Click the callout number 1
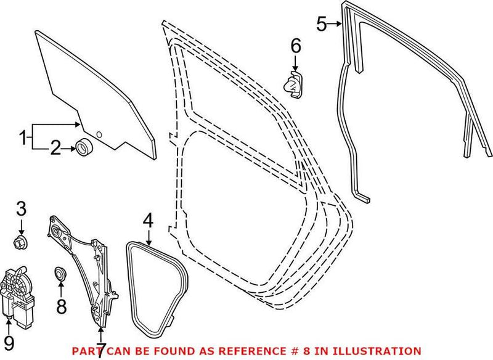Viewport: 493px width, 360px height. pyautogui.click(x=23, y=137)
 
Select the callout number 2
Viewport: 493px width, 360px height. pyautogui.click(x=55, y=148)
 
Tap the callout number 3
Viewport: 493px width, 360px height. pyautogui.click(x=21, y=208)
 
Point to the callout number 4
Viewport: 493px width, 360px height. pyautogui.click(x=147, y=220)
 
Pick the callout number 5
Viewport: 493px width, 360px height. pyautogui.click(x=321, y=25)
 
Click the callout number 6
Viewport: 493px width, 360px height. pyautogui.click(x=295, y=45)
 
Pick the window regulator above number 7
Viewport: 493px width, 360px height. pyautogui.click(x=86, y=265)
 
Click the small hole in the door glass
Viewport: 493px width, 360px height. pyautogui.click(x=98, y=133)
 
